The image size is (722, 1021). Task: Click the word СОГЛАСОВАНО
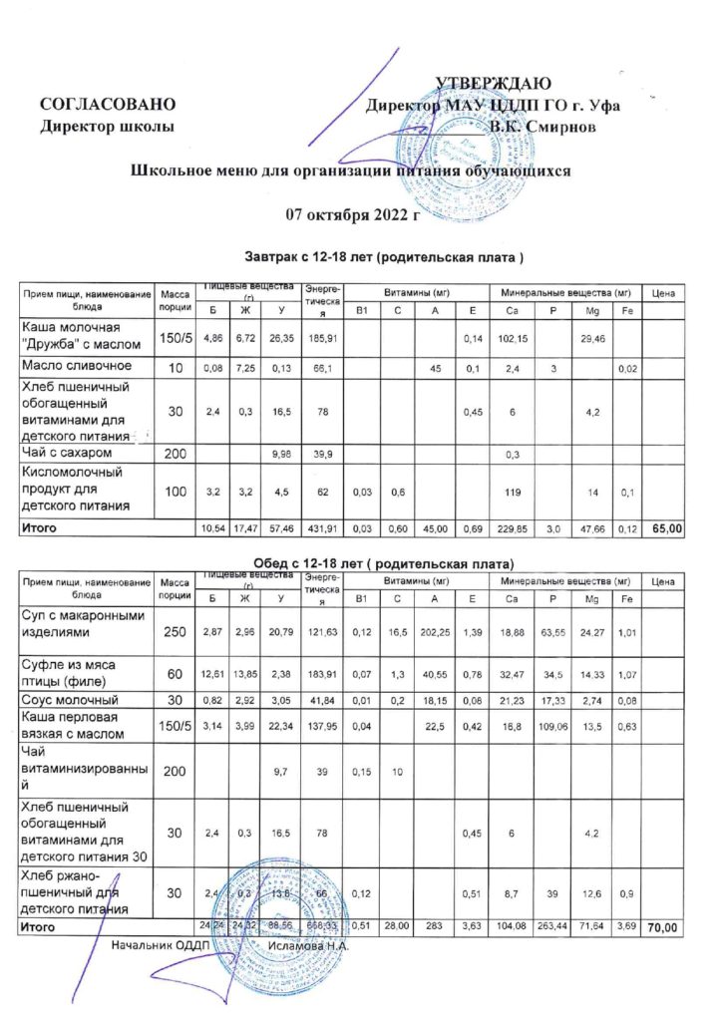108,105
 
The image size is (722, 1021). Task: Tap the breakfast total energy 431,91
320,527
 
